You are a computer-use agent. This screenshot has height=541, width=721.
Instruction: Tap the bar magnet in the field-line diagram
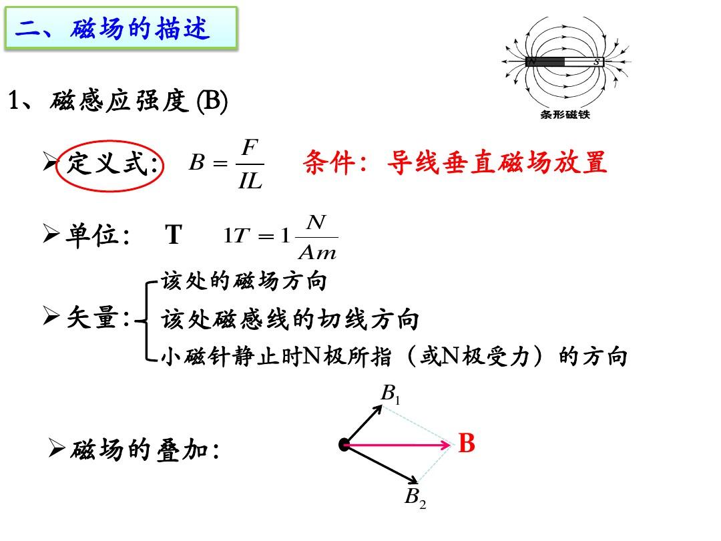(x=564, y=61)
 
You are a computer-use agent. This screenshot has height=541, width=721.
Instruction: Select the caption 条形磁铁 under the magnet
(x=565, y=115)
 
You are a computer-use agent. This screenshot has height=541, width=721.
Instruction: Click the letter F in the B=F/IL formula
(x=250, y=148)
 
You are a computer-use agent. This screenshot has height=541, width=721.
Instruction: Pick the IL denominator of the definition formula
(x=250, y=181)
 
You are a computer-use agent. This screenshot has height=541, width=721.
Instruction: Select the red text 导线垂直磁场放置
(x=497, y=162)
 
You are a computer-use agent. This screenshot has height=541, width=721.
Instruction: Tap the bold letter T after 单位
(x=174, y=234)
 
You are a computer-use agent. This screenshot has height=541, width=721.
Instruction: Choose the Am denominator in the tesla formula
(x=317, y=252)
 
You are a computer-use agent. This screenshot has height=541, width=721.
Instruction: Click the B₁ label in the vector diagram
(x=391, y=394)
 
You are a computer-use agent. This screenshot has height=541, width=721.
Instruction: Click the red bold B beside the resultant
(x=466, y=443)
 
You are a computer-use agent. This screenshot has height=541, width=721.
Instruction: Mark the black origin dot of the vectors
(x=344, y=444)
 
